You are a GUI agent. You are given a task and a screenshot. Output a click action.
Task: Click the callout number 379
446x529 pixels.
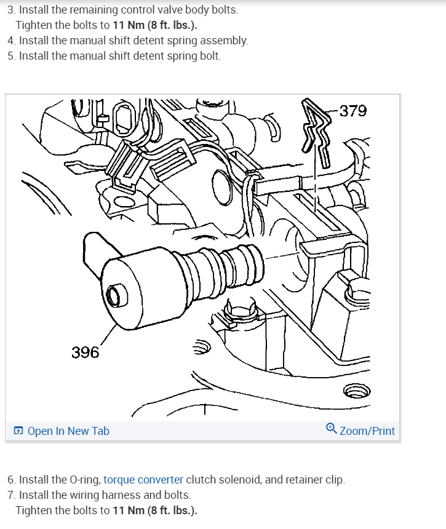click(353, 111)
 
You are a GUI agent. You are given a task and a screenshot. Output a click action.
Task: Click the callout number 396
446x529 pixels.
click(85, 352)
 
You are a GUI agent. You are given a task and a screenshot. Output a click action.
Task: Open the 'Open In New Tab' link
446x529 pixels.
click(68, 431)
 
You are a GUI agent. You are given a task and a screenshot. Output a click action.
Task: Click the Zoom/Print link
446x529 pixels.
click(367, 431)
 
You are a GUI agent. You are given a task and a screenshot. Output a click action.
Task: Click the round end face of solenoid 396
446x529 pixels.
click(114, 295)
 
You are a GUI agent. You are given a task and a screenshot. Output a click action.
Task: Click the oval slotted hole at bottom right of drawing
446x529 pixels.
click(354, 390)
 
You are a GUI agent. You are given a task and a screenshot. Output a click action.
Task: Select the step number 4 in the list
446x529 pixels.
click(11, 41)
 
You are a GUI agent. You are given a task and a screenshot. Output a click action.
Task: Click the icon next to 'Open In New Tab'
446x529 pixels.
click(18, 431)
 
